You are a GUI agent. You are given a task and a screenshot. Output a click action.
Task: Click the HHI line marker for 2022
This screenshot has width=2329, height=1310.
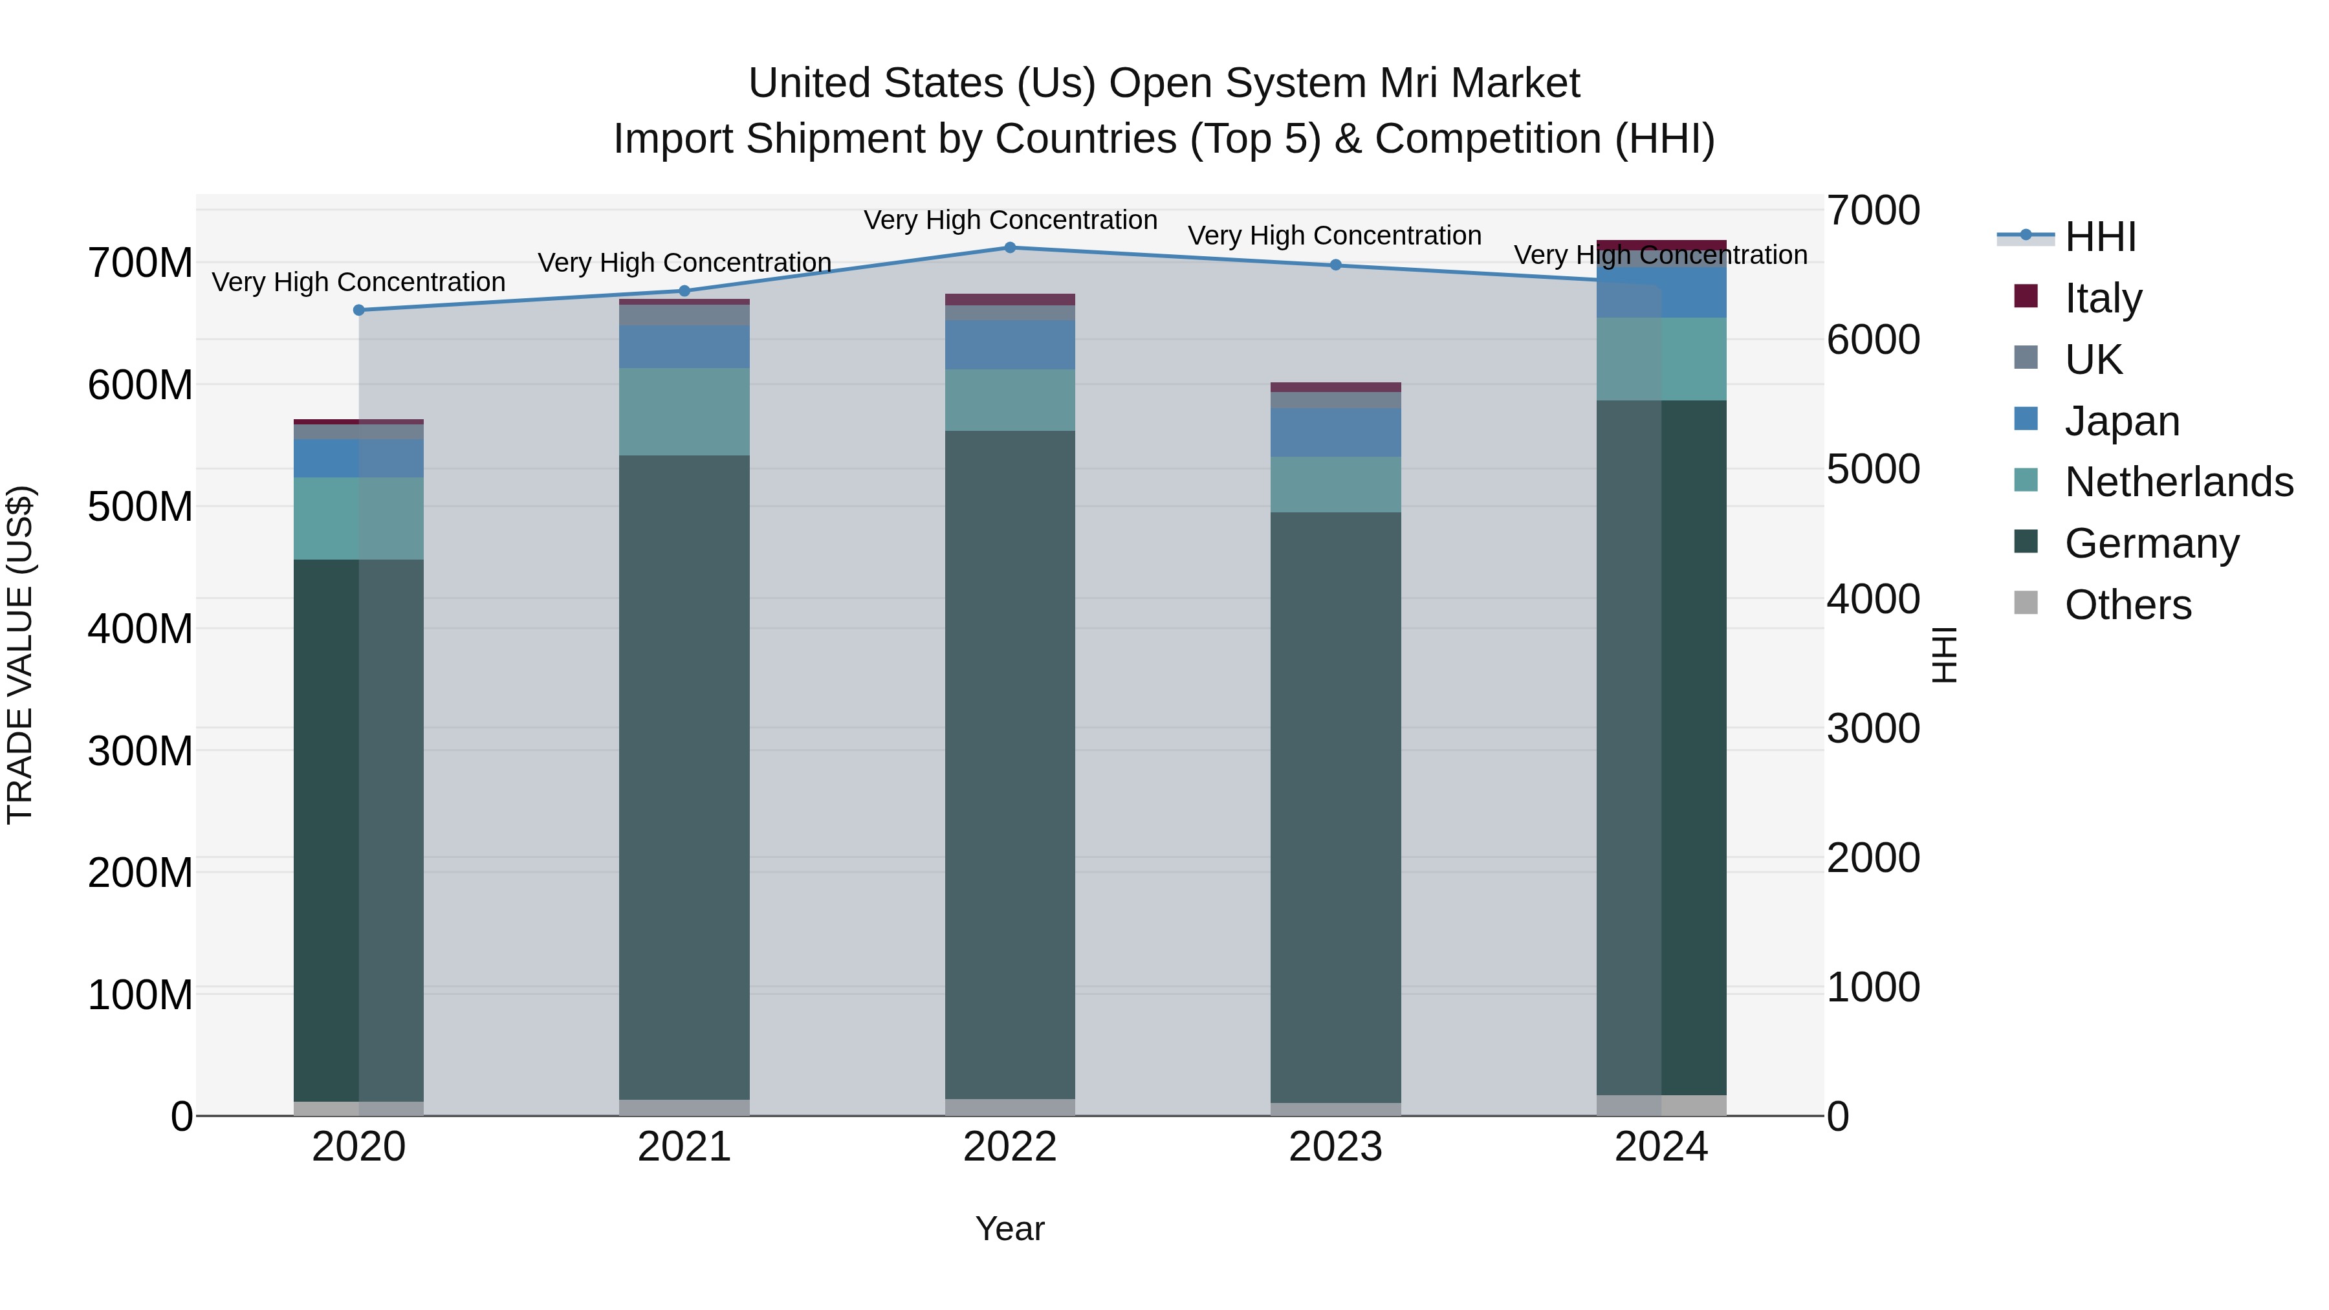[x=1010, y=248]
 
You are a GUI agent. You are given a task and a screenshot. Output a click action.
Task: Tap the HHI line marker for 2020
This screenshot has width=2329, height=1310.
[x=359, y=310]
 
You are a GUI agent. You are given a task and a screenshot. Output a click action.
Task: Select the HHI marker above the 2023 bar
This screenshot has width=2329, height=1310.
[x=1335, y=265]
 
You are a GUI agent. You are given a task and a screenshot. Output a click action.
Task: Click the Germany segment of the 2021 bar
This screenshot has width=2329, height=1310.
[x=684, y=778]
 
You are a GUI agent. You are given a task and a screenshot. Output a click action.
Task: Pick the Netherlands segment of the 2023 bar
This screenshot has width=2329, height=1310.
[x=1335, y=485]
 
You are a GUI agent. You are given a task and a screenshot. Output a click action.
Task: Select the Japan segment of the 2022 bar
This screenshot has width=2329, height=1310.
[x=1010, y=344]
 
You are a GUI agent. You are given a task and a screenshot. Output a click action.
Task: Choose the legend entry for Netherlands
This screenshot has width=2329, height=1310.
[x=2177, y=482]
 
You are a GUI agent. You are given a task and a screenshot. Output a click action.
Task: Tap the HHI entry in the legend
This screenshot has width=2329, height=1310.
[x=2099, y=237]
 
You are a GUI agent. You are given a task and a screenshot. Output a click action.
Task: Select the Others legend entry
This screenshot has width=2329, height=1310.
[x=2127, y=605]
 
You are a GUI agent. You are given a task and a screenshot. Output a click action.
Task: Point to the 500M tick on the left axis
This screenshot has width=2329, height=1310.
[x=140, y=507]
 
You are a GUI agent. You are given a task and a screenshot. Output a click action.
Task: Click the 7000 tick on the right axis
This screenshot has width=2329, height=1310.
[x=1872, y=211]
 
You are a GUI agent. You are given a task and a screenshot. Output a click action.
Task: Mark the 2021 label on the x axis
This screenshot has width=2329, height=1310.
[x=684, y=1147]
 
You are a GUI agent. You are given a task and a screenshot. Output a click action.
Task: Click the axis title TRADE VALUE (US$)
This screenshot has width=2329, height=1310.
[x=20, y=655]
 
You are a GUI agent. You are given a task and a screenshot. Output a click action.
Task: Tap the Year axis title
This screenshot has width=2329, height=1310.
[x=1010, y=1228]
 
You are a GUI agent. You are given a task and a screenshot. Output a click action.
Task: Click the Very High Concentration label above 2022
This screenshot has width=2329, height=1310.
[x=1010, y=220]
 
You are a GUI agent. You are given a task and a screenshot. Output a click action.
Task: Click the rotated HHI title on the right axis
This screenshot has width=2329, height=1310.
[x=1945, y=655]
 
